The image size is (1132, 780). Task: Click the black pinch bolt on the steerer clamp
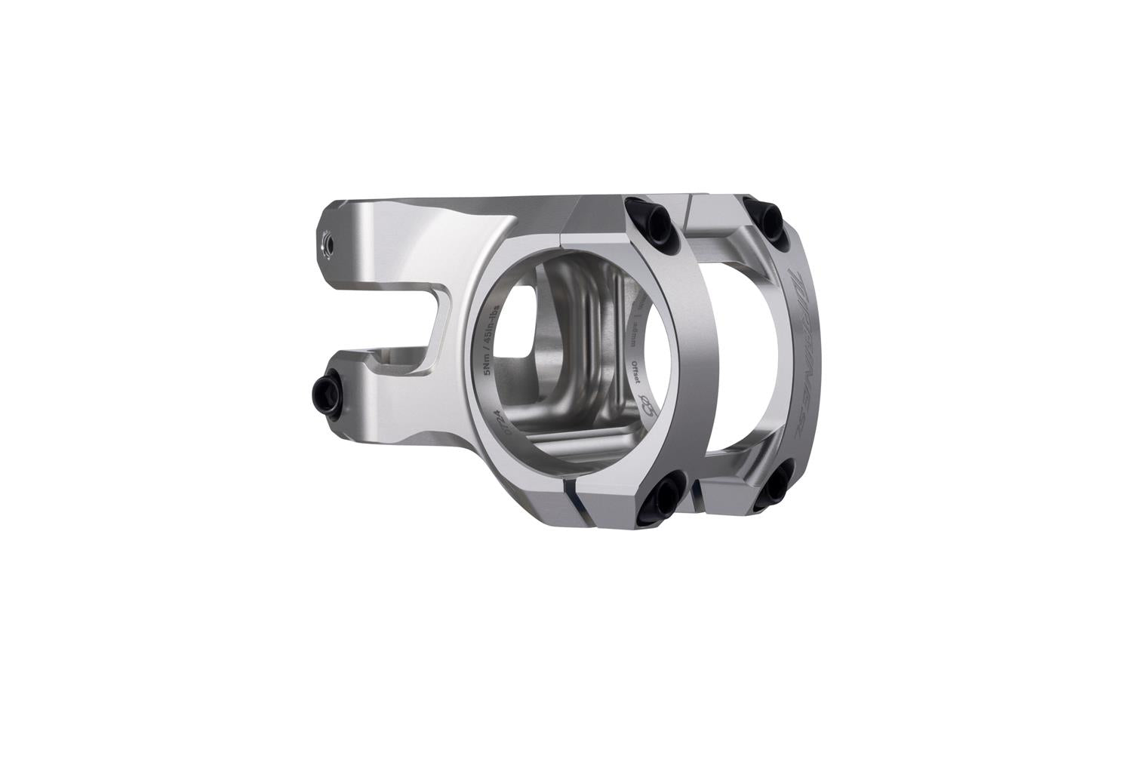[327, 390]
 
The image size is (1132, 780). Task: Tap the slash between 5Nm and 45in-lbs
[491, 349]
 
